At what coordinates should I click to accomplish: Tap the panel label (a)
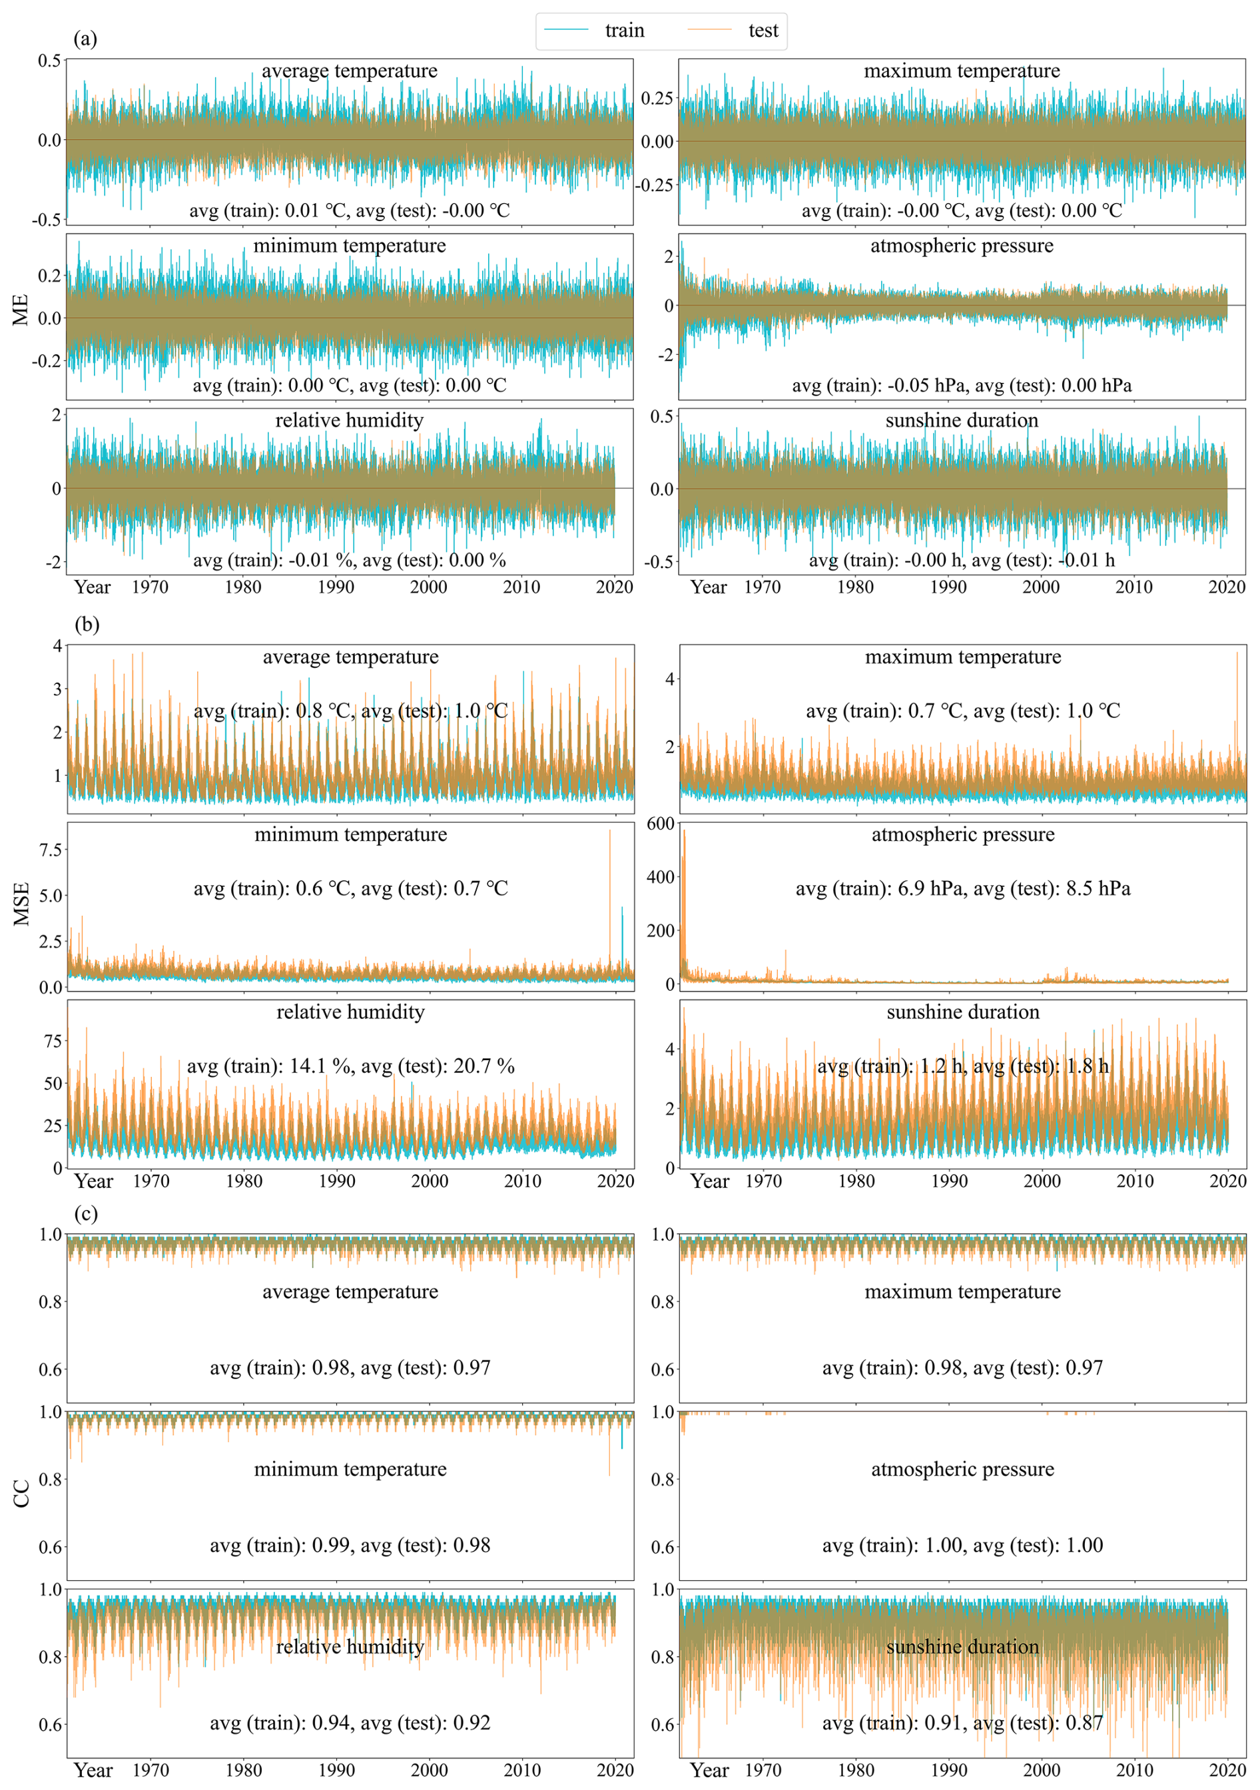(x=85, y=38)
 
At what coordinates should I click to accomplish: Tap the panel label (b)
(x=87, y=625)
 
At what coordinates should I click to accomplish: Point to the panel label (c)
(x=86, y=1213)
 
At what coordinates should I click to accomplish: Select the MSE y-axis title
(x=21, y=904)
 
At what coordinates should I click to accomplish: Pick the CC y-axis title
(x=21, y=1493)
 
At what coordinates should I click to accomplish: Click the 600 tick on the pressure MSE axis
(x=661, y=824)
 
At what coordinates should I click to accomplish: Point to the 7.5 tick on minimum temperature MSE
(x=51, y=850)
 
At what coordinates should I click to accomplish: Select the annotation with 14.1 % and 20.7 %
(x=350, y=1065)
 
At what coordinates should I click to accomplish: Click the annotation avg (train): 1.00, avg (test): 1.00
(x=962, y=1544)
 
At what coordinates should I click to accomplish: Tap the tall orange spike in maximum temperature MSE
(x=1237, y=655)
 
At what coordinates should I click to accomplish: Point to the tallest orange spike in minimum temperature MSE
(x=610, y=832)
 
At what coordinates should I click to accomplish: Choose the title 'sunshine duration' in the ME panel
(x=962, y=420)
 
